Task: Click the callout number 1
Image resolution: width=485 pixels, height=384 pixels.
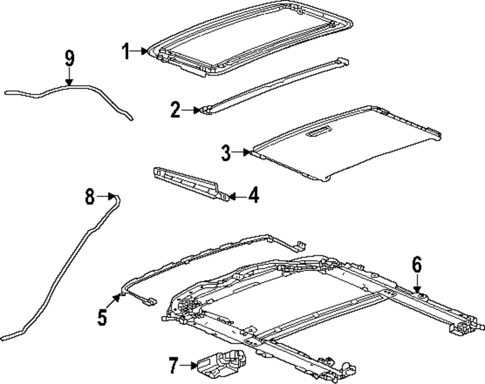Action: [126, 51]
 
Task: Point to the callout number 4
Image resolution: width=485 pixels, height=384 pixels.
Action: [253, 197]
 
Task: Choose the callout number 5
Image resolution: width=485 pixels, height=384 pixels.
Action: [102, 318]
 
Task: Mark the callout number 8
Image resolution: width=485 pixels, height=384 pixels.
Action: [90, 197]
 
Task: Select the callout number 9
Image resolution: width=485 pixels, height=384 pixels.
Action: [69, 59]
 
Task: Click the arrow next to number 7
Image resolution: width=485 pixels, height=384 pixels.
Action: [188, 365]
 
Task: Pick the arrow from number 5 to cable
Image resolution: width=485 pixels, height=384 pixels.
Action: [115, 301]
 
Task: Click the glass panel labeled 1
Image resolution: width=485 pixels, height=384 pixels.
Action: [252, 39]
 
